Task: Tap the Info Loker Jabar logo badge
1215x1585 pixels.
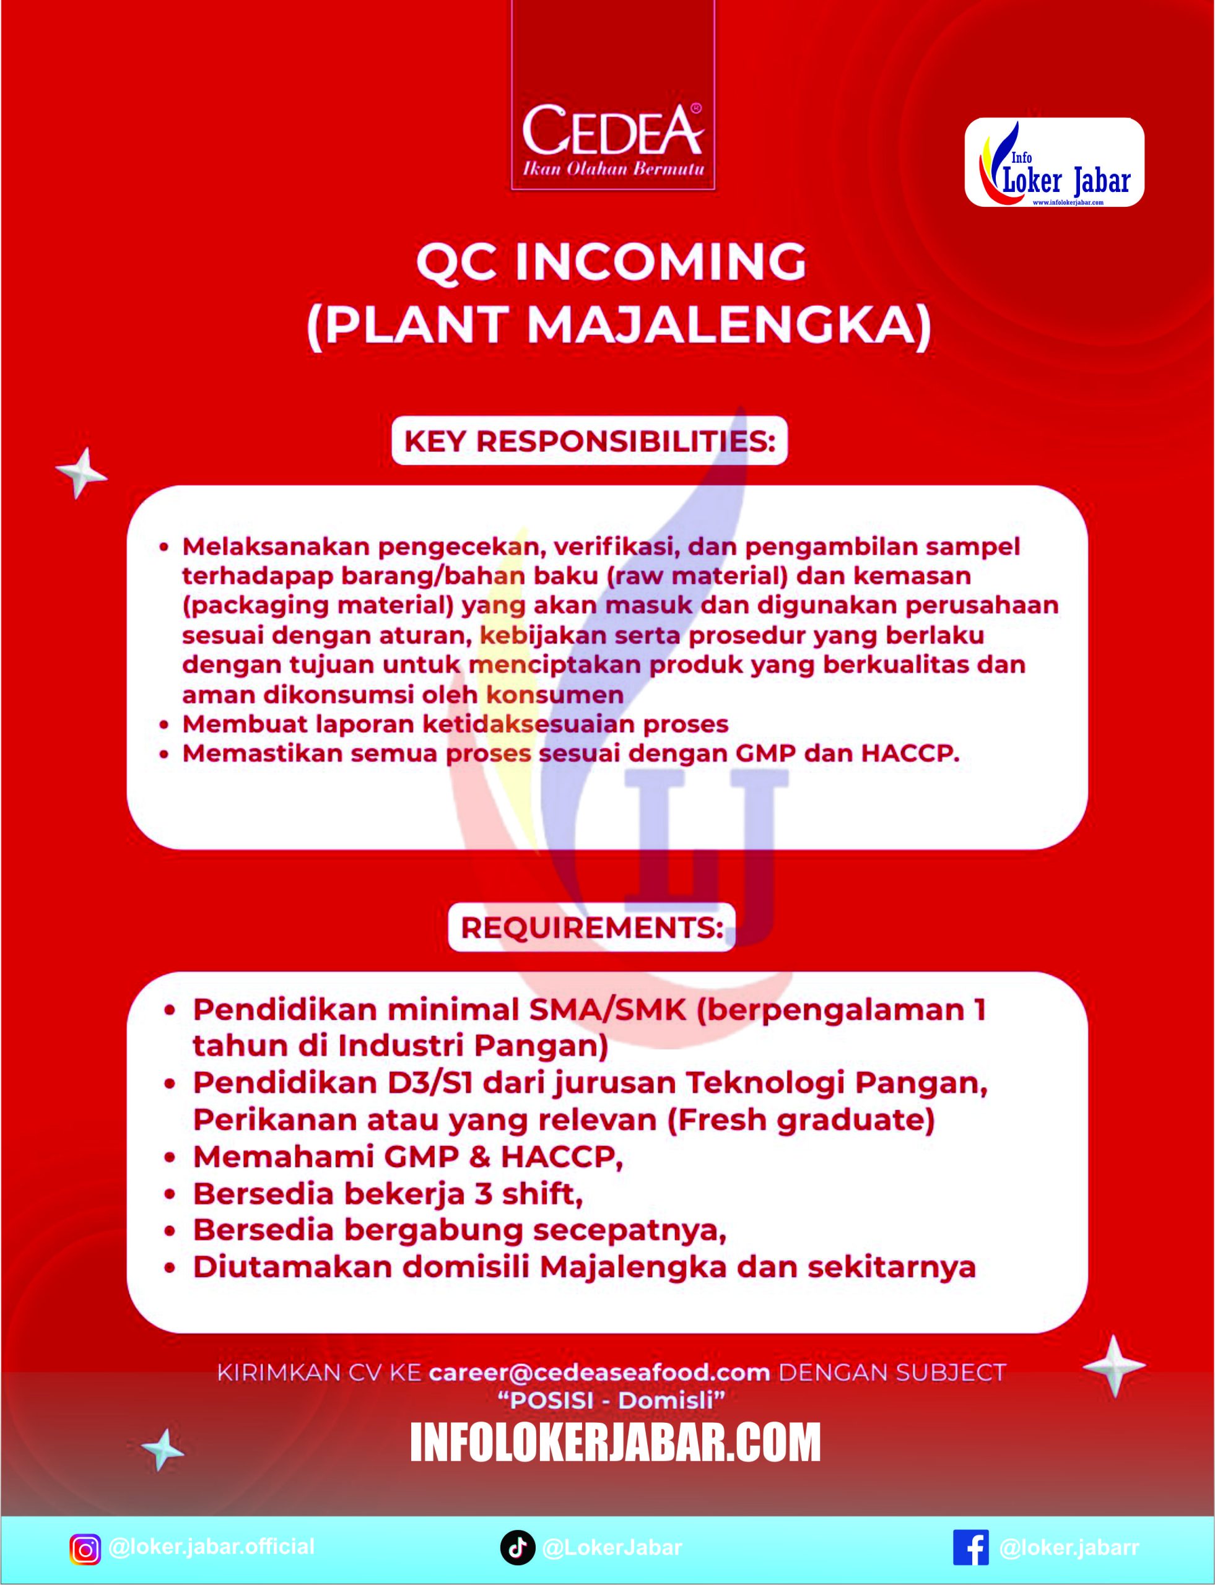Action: tap(1054, 162)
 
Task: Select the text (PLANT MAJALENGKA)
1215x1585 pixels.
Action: tap(619, 327)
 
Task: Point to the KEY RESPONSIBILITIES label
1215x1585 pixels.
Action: tap(590, 441)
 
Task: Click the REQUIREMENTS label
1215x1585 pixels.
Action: tap(591, 927)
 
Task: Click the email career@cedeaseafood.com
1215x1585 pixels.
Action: tap(599, 1373)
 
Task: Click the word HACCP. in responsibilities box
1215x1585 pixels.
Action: tap(909, 754)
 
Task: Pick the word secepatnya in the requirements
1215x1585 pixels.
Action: tap(629, 1230)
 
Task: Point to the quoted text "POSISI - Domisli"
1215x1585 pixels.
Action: tap(611, 1400)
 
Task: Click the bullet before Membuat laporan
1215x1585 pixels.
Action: tap(165, 724)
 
